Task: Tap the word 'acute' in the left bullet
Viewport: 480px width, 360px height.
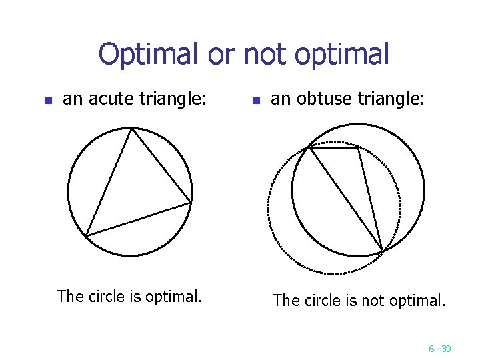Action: tap(111, 99)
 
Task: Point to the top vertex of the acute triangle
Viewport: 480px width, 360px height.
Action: tap(132, 129)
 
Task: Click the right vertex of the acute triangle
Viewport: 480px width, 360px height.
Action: tap(191, 202)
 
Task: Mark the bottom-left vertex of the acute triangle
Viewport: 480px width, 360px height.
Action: tap(86, 235)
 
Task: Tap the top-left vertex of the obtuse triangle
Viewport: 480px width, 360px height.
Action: tap(309, 147)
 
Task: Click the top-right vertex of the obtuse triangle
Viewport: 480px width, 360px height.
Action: tap(359, 147)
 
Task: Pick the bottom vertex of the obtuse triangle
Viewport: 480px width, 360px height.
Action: tap(383, 251)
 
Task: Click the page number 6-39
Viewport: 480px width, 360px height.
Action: tap(440, 348)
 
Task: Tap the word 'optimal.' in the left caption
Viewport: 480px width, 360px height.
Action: tap(175, 296)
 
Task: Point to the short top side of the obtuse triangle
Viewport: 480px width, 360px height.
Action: tap(334, 147)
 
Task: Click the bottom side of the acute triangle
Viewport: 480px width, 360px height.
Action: tap(139, 219)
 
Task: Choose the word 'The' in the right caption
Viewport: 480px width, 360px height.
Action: tap(287, 301)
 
